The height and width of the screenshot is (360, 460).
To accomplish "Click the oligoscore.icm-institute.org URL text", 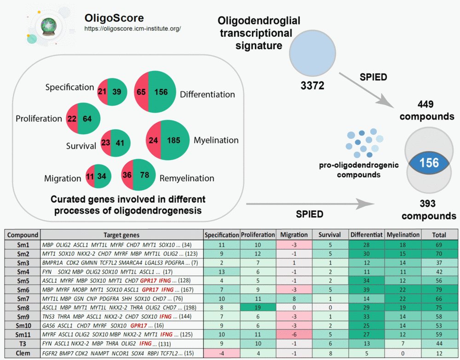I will click(x=132, y=29).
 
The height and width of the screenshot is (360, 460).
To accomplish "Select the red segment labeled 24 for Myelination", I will click(x=153, y=141).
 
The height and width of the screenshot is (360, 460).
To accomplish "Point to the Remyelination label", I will click(x=186, y=178).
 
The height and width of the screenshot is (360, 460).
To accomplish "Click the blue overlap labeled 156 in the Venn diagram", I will click(x=430, y=163).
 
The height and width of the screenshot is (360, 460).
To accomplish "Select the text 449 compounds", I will click(x=427, y=110).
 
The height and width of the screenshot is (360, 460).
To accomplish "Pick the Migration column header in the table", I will click(x=294, y=234).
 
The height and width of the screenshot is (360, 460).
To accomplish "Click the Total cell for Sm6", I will click(x=439, y=290).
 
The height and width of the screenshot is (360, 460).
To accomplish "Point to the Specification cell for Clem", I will click(x=221, y=354).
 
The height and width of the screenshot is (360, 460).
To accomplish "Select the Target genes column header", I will click(x=121, y=234).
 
